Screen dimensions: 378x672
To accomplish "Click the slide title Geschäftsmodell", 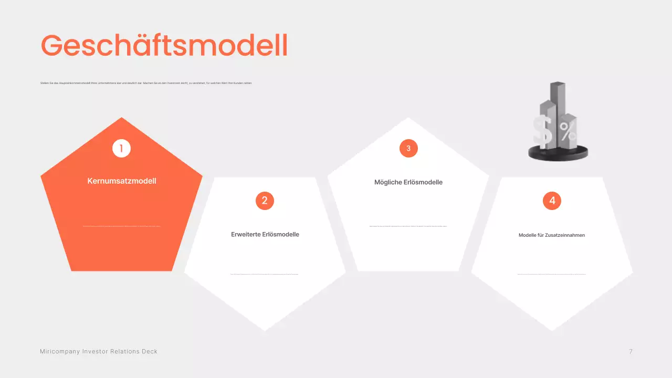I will click(x=164, y=46).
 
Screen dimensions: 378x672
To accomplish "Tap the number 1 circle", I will click(x=121, y=149).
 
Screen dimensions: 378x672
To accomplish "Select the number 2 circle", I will click(x=265, y=201).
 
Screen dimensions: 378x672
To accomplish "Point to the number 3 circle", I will click(x=408, y=149).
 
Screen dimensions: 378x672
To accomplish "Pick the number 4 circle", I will click(x=552, y=201).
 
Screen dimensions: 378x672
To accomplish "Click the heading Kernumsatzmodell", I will click(x=122, y=181).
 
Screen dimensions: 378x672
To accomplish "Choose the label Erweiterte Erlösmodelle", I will click(x=265, y=235).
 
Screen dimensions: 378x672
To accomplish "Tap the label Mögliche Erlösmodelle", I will click(x=408, y=182).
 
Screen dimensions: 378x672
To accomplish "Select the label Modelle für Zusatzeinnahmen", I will click(x=552, y=235).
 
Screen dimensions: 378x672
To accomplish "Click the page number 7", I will click(x=631, y=351).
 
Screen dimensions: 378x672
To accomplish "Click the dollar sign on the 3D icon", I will click(x=543, y=131).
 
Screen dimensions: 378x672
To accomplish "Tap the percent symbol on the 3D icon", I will click(x=568, y=132).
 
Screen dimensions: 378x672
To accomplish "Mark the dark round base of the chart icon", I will click(x=558, y=154).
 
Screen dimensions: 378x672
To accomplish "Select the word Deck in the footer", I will click(x=150, y=351).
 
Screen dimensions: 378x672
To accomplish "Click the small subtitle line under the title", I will click(x=146, y=83).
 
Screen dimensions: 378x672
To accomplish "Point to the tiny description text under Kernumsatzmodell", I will click(x=122, y=226).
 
